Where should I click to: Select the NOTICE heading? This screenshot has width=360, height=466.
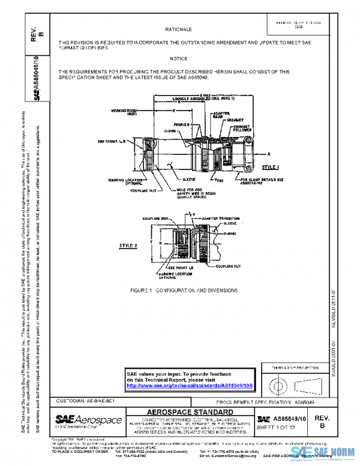pyautogui.click(x=178, y=58)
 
